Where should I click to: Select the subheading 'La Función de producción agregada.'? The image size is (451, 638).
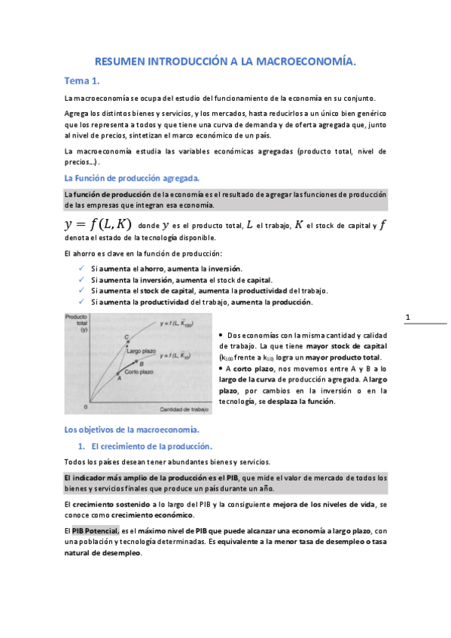pos(132,178)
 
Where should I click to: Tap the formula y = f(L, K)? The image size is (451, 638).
pos(98,224)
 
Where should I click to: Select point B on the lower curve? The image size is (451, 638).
pos(142,363)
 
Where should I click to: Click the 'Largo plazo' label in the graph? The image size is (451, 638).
pos(141,351)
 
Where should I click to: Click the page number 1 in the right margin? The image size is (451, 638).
pos(407,317)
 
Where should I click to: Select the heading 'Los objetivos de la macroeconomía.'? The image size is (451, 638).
pos(132,430)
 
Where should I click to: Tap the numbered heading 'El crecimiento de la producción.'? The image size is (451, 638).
pos(141,446)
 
